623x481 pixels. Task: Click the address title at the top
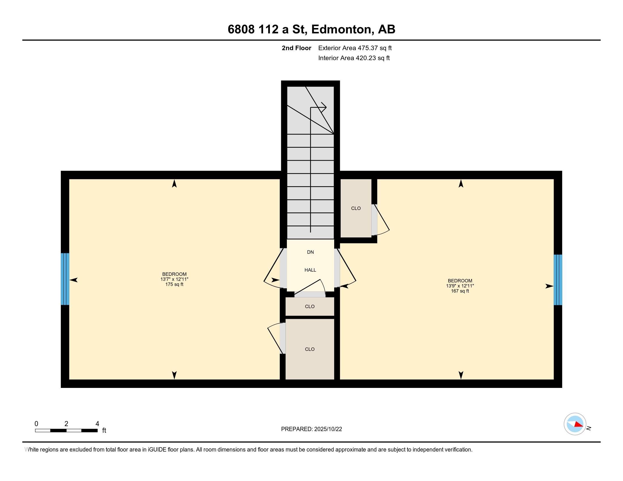[311, 29]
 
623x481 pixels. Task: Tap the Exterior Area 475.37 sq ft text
[355, 48]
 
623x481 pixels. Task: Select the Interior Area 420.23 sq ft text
[354, 58]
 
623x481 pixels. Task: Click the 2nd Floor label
[296, 48]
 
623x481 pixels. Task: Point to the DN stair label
[310, 252]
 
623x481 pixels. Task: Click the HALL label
[310, 270]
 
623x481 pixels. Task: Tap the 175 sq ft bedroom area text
[174, 284]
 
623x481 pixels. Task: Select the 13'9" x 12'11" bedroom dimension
[460, 286]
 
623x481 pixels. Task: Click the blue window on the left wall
[65, 279]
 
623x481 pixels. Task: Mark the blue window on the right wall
[558, 280]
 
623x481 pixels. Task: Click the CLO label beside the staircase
[356, 208]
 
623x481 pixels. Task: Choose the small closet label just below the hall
[310, 306]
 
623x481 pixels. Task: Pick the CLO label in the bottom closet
[310, 349]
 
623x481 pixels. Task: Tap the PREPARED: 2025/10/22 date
[311, 429]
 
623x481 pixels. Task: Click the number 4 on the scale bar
[97, 424]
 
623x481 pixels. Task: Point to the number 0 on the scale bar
[37, 424]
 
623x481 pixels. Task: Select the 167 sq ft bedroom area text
[460, 291]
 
